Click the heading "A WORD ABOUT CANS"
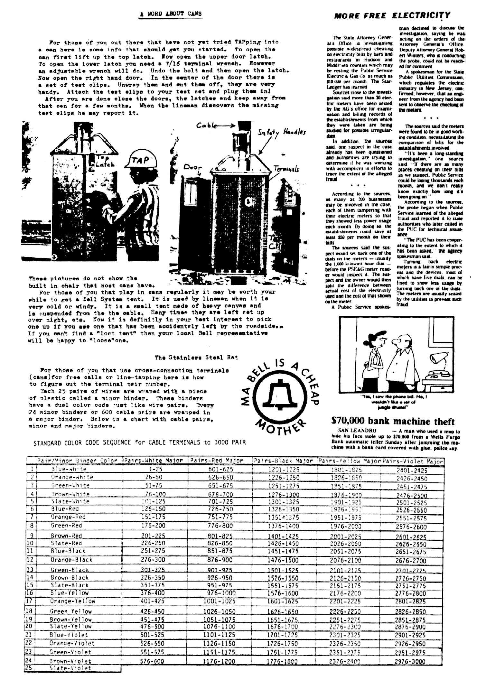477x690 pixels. pos(170,14)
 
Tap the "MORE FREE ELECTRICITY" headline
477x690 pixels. pos(392,15)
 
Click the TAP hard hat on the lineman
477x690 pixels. pos(142,163)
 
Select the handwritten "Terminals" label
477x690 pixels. pos(286,169)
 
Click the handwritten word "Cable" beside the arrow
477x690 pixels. pos(206,126)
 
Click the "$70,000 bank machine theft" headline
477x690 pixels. pos(393,421)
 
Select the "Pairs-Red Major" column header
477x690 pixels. pos(217,461)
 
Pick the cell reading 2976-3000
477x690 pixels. pos(410,662)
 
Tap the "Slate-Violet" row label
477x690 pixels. pos(70,668)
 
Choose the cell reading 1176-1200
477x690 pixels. pos(219,662)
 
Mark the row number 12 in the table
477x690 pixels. pos(30,559)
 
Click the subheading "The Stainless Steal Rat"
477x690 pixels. pos(196,358)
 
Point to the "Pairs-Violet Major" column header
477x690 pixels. pos(413,461)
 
